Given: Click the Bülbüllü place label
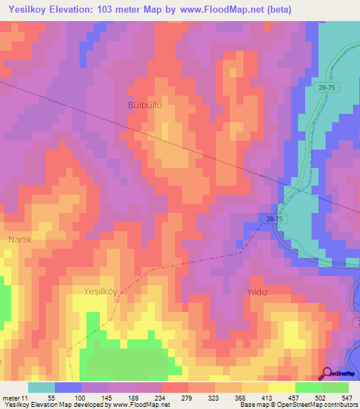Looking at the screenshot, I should pyautogui.click(x=145, y=105).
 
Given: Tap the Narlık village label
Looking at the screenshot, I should pyautogui.click(x=20, y=240).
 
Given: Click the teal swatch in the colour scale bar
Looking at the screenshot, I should pyautogui.click(x=41, y=387).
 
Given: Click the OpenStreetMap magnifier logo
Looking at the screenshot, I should pyautogui.click(x=328, y=373).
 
